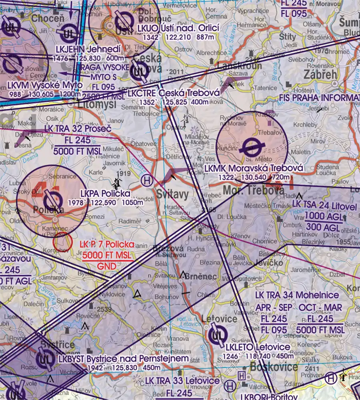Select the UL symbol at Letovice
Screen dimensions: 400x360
(x=218, y=334)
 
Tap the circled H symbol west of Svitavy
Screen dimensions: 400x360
(x=147, y=180)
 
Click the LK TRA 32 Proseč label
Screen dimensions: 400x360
(x=78, y=129)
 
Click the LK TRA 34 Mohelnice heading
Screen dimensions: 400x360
(x=297, y=295)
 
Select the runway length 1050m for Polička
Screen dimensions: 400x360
(x=132, y=202)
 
